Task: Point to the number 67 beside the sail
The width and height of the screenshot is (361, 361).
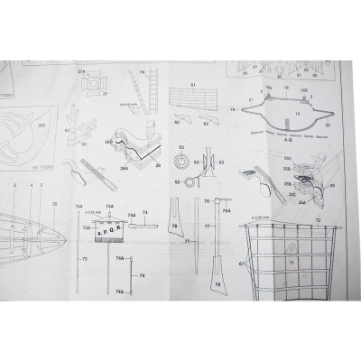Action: tap(241, 263)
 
